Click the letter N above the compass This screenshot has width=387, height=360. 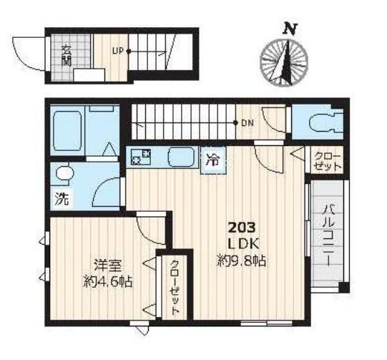coord(290,29)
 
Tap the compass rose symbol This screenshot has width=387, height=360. coord(284,62)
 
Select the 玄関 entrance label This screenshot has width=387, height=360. coord(66,56)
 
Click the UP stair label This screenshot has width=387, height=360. coord(118,51)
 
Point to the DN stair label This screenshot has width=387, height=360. coord(248,123)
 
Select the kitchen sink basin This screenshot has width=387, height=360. coord(181,157)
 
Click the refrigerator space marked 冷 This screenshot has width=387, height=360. coord(213,160)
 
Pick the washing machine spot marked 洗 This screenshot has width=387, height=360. coord(62,199)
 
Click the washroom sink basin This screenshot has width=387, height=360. coord(64,174)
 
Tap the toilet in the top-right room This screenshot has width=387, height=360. coord(325,122)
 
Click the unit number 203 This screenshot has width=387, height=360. coord(242,228)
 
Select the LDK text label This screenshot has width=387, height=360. coord(243,244)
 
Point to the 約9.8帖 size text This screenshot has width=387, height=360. coord(241,261)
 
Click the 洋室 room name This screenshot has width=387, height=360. coord(108,266)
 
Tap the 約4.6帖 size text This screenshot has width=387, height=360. coord(108,282)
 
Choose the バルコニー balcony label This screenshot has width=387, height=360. coord(328,235)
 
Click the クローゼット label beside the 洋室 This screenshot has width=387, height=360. coord(175,288)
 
